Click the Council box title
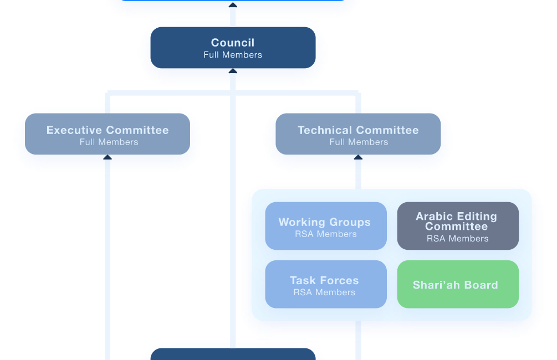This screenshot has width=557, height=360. [233, 43]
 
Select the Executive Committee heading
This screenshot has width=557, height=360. [108, 130]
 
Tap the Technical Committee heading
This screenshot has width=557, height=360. [358, 130]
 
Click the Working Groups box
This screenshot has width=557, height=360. [325, 226]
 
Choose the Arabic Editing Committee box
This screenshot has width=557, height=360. [458, 225]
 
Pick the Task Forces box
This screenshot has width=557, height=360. [325, 284]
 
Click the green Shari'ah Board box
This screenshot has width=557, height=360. [458, 284]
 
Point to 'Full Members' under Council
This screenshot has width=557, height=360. [233, 55]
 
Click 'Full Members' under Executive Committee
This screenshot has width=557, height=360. [109, 142]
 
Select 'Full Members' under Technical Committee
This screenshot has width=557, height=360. [359, 142]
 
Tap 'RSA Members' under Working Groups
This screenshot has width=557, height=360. [325, 234]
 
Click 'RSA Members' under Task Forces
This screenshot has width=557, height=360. [324, 292]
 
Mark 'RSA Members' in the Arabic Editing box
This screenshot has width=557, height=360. [458, 239]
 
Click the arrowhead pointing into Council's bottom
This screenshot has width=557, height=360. [233, 71]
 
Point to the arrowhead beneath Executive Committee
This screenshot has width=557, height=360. [108, 158]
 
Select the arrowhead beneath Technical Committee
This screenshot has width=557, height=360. [358, 158]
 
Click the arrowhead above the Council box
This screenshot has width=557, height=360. [233, 5]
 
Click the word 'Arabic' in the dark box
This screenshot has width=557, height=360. [435, 217]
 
